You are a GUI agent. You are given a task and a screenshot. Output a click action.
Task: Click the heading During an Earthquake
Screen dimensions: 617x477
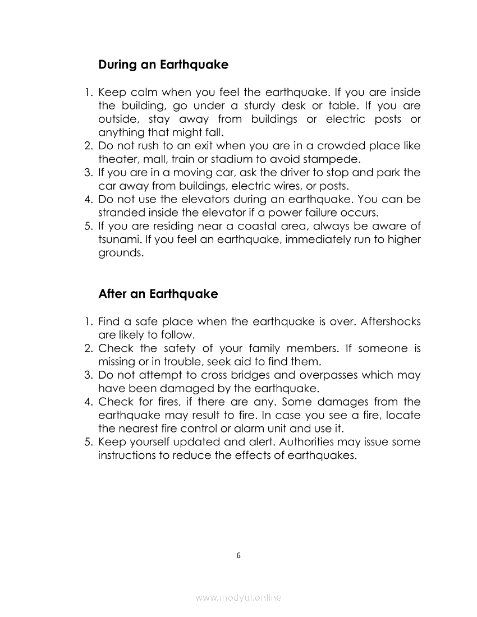pos(163,65)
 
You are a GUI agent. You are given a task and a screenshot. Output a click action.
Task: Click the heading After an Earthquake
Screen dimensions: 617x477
pos(158,294)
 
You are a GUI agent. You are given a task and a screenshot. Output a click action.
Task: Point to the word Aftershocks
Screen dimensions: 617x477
pos(391,322)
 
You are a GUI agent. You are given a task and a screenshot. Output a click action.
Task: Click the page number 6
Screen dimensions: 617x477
pos(238,555)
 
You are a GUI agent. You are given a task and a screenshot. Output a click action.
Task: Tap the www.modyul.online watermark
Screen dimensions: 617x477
pos(238,598)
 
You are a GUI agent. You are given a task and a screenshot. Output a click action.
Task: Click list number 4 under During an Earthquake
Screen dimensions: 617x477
pos(88,200)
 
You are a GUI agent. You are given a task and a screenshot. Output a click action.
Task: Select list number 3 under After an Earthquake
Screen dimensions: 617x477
pos(88,375)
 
